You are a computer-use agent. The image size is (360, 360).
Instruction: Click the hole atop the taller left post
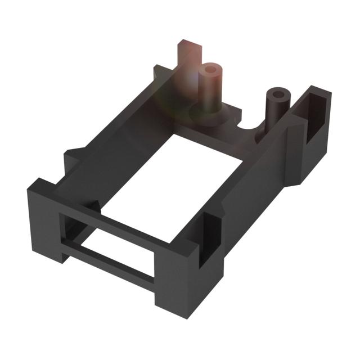click(x=211, y=70)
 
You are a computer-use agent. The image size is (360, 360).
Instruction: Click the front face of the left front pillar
click(x=42, y=225)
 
